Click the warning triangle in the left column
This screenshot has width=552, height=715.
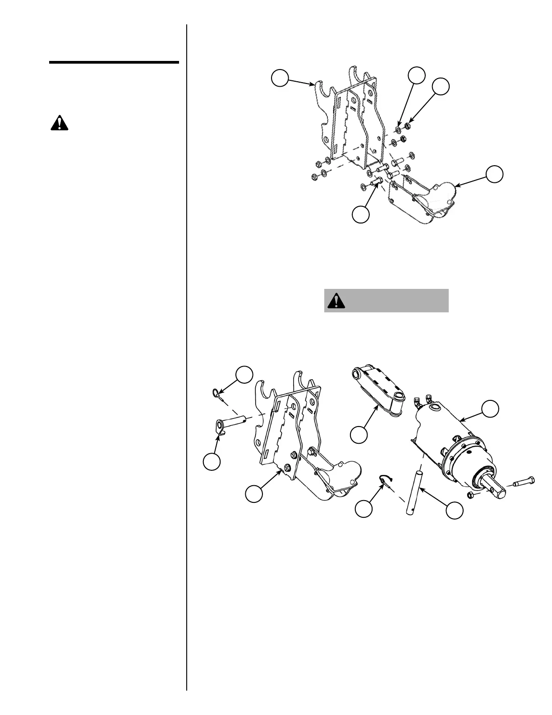point(59,123)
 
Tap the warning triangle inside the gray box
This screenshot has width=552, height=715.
point(336,301)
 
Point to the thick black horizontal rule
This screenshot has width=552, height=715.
point(114,62)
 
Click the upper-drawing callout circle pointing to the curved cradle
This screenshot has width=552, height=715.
point(495,175)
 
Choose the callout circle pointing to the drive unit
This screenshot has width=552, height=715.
point(490,408)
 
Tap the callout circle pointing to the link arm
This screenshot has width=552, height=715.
point(359,435)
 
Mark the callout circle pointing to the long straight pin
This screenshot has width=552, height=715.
point(454,510)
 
